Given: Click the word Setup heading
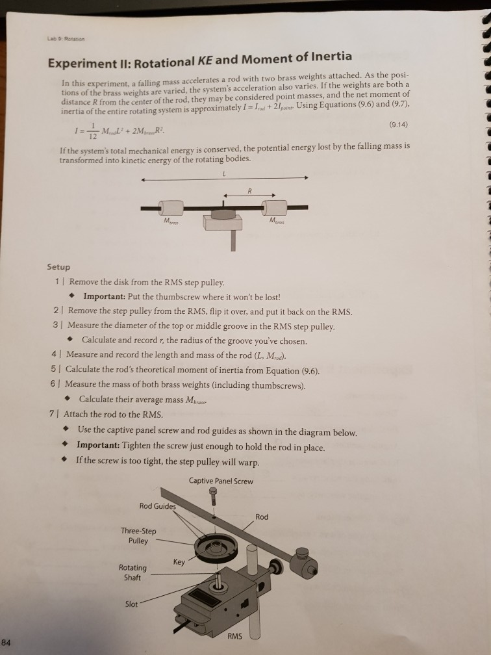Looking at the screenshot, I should pos(58,267).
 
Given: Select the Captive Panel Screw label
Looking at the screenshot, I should pos(221,481).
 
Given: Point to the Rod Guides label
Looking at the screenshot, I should pos(158,506).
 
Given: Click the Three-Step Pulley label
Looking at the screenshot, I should pos(138,535).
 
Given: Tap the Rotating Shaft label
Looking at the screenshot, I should pos(132,572).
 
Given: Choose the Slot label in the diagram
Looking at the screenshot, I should pos(131,604).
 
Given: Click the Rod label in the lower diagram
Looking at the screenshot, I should pos(261,517).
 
